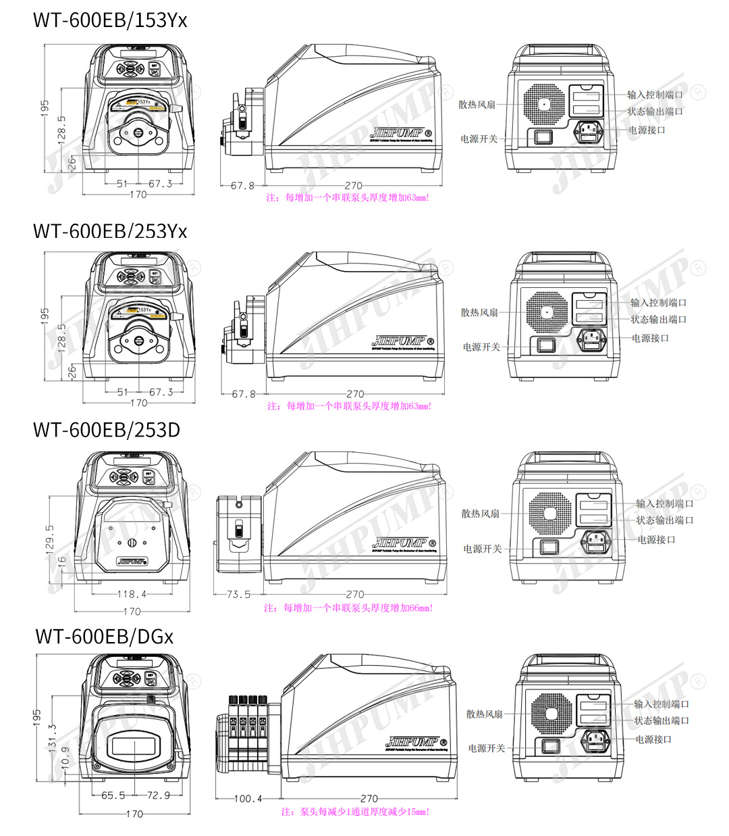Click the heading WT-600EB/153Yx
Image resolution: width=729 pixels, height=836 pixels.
(110, 20)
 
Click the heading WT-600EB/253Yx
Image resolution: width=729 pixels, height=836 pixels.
(110, 231)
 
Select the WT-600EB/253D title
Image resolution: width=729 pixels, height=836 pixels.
(107, 430)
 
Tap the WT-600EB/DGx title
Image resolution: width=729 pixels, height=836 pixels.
(105, 636)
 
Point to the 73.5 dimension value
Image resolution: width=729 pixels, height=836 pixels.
(238, 595)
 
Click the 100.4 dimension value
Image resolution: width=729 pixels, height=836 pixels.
(248, 799)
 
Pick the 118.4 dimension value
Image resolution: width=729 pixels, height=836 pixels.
(132, 595)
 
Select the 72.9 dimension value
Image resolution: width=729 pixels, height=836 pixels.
(159, 795)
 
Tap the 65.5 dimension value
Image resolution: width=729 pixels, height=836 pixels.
(113, 795)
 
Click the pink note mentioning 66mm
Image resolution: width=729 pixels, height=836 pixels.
(348, 608)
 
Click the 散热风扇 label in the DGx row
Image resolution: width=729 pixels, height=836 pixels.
(485, 714)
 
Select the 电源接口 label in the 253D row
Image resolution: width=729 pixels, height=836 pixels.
(656, 539)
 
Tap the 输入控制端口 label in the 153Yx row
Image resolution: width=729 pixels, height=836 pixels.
(655, 95)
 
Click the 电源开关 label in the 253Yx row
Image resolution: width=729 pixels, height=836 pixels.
(481, 347)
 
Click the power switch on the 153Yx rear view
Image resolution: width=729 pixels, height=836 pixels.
(543, 137)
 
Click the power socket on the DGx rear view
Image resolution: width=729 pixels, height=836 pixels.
(595, 740)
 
